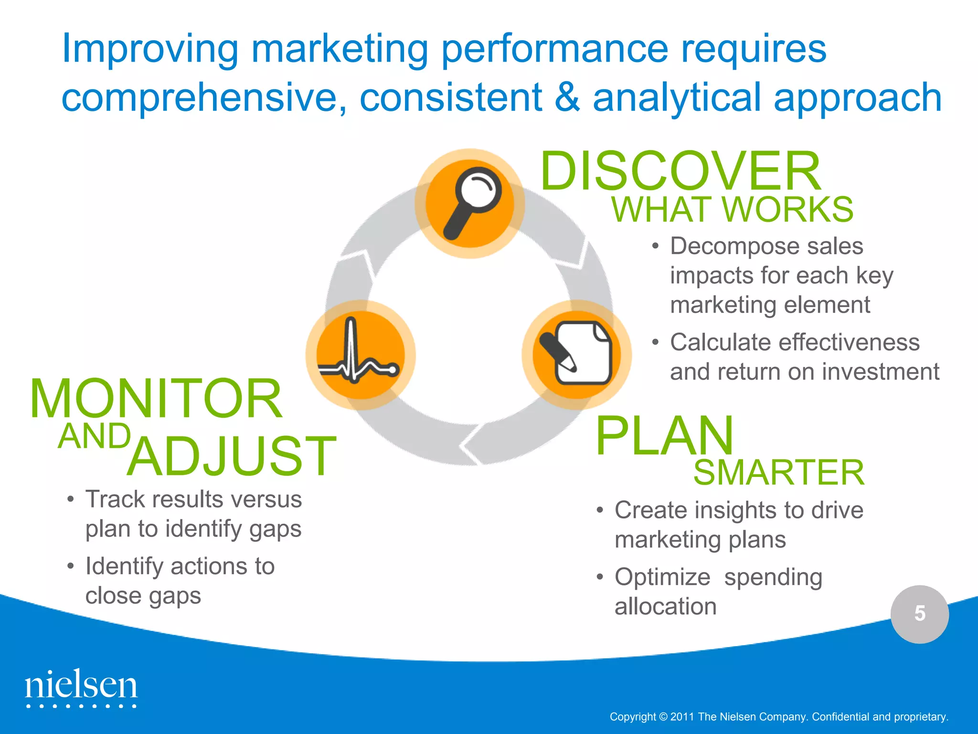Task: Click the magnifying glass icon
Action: pyautogui.click(x=470, y=204)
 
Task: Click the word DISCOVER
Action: pyautogui.click(x=680, y=171)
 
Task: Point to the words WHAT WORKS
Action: pyautogui.click(x=732, y=210)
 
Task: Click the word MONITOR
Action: pyautogui.click(x=156, y=399)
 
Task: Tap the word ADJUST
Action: pyautogui.click(x=232, y=456)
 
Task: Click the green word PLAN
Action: pyautogui.click(x=664, y=435)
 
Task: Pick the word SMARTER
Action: pyautogui.click(x=778, y=473)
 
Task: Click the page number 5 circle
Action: pyautogui.click(x=919, y=614)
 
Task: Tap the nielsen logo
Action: pyautogui.click(x=81, y=688)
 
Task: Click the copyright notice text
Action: pyautogui.click(x=778, y=717)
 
